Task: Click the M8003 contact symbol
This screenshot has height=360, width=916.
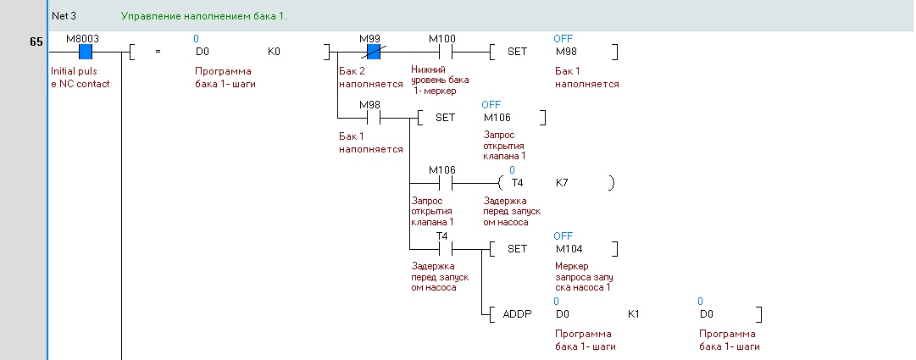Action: click(86, 52)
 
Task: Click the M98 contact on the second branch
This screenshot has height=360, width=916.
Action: click(374, 118)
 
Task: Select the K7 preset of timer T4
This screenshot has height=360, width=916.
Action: click(562, 183)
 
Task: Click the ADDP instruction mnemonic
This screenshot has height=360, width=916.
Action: click(517, 314)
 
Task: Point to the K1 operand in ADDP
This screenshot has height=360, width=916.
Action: click(634, 314)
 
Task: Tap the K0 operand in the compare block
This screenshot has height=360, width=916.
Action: click(274, 52)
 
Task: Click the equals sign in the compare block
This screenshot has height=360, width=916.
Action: click(158, 52)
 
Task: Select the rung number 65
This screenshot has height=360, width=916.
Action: click(36, 42)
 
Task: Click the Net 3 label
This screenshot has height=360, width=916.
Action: click(64, 16)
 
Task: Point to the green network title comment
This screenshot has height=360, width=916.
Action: click(204, 16)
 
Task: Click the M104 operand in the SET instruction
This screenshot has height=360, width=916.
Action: click(569, 249)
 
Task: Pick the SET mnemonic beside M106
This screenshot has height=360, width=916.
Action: click(445, 118)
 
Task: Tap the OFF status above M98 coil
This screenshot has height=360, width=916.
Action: click(563, 39)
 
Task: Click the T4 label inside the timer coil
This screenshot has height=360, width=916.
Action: click(517, 183)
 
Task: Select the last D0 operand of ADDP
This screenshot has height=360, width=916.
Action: click(707, 314)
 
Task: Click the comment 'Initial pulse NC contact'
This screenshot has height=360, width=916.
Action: click(80, 77)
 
